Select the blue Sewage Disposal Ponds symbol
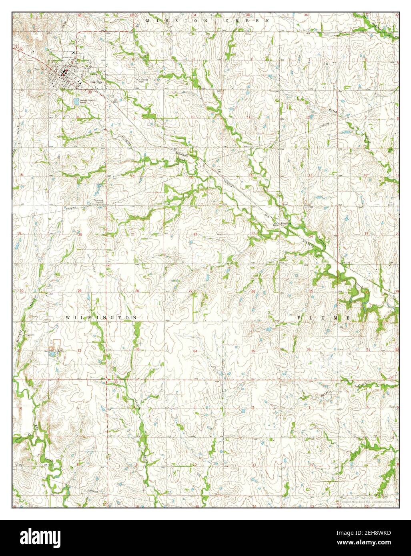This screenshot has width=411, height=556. (x=76, y=102)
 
